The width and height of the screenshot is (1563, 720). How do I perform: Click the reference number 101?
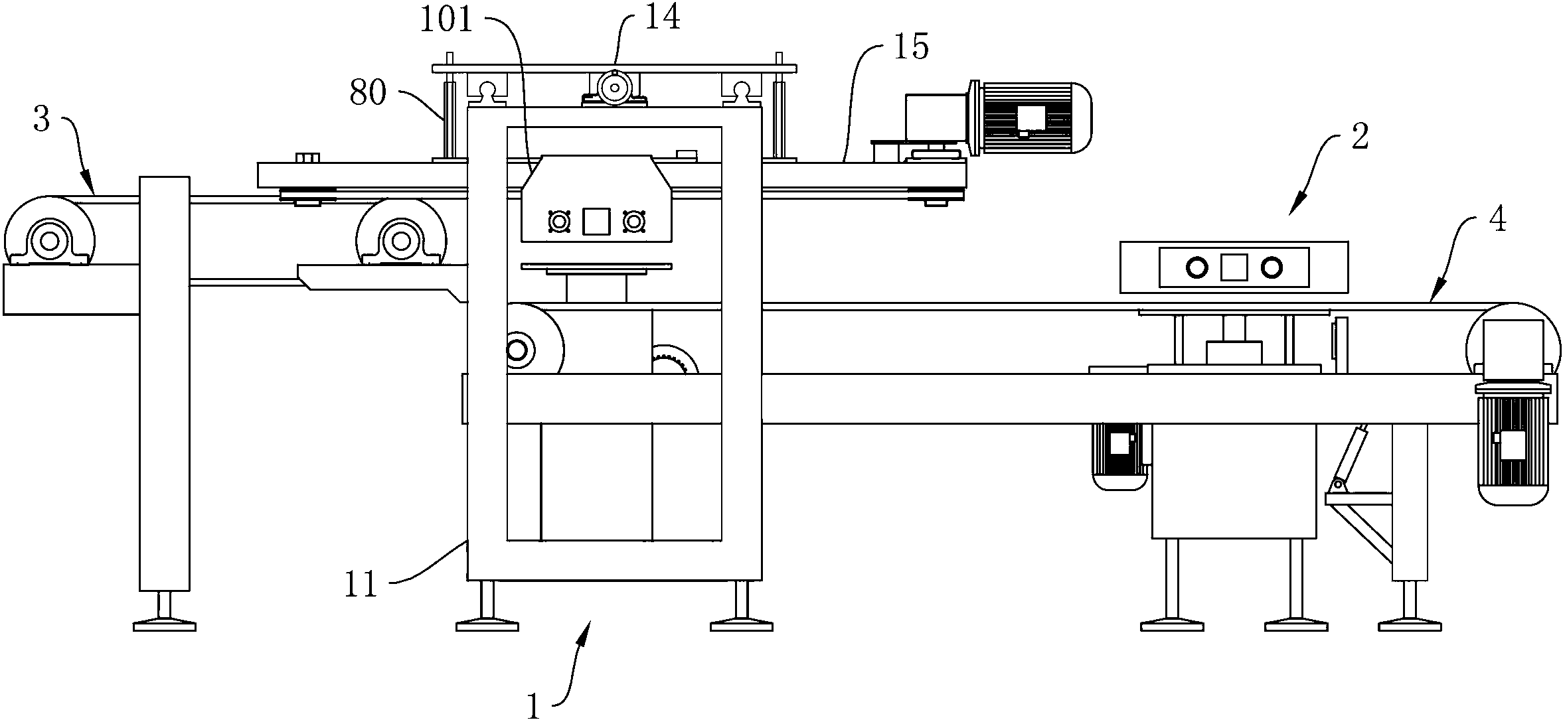point(446,20)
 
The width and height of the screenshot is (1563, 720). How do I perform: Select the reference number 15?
point(912,47)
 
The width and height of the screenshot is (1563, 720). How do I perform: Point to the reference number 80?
point(368,94)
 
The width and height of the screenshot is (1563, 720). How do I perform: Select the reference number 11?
point(361,585)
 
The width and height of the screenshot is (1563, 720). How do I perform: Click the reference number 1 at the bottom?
point(534,705)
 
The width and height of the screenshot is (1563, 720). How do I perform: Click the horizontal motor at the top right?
point(1030,118)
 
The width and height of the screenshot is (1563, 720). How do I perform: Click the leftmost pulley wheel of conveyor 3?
point(48,240)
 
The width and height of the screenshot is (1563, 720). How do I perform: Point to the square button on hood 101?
point(596,221)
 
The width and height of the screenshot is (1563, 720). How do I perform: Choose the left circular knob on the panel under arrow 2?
point(1197,268)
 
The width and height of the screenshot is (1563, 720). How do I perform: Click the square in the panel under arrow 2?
point(1234,267)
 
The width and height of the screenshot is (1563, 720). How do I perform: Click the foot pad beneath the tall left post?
point(165,626)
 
